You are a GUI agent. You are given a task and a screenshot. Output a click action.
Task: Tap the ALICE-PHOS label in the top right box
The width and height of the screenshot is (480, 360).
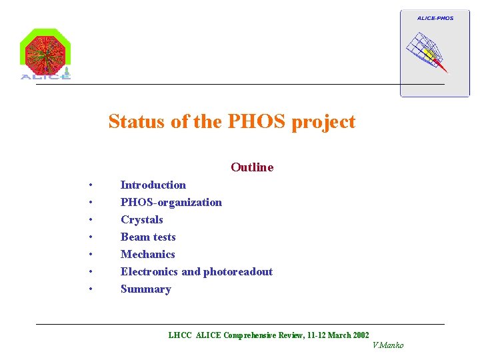pyautogui.click(x=435, y=18)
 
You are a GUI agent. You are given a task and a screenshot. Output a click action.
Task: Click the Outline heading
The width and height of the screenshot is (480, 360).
pyautogui.click(x=252, y=167)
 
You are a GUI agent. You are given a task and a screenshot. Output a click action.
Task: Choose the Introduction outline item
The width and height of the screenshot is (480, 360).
pyautogui.click(x=153, y=185)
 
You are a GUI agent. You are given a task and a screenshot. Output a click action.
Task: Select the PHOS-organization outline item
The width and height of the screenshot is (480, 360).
pyautogui.click(x=171, y=202)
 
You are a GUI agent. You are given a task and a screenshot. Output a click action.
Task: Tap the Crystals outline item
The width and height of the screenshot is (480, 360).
pyautogui.click(x=141, y=219)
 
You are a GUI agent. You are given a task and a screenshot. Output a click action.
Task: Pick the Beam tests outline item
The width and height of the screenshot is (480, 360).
pyautogui.click(x=148, y=237)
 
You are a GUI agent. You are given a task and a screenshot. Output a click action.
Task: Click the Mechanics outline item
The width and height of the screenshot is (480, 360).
pyautogui.click(x=147, y=254)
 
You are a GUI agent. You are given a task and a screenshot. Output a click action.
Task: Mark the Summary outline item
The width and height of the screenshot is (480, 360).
pyautogui.click(x=145, y=289)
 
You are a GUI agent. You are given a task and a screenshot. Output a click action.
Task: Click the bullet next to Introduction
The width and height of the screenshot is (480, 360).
pyautogui.click(x=90, y=185)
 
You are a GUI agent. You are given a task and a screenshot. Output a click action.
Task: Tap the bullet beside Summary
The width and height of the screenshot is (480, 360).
pyautogui.click(x=90, y=289)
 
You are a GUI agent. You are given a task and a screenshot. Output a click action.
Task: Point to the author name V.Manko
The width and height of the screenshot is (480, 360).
pyautogui.click(x=388, y=345)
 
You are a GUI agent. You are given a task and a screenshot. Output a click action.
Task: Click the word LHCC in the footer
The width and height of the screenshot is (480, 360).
pyautogui.click(x=180, y=335)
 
